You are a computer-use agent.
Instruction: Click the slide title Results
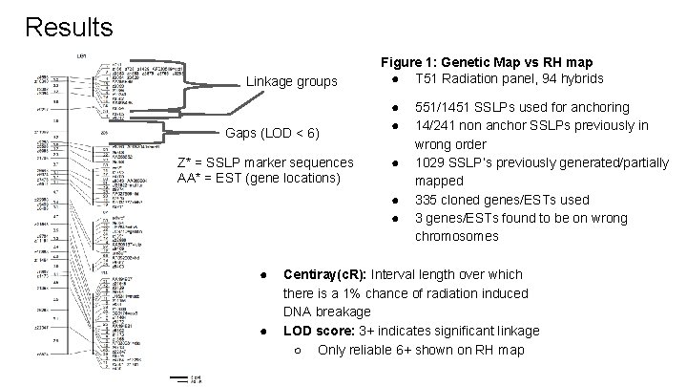coord(69,26)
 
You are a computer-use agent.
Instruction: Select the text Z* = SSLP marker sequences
coord(264,161)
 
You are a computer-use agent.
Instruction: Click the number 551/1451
coord(449,108)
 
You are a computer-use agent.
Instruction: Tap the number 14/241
coord(438,125)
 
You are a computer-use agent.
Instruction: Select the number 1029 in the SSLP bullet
coord(430,162)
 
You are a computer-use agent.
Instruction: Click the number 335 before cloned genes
coord(427,200)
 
